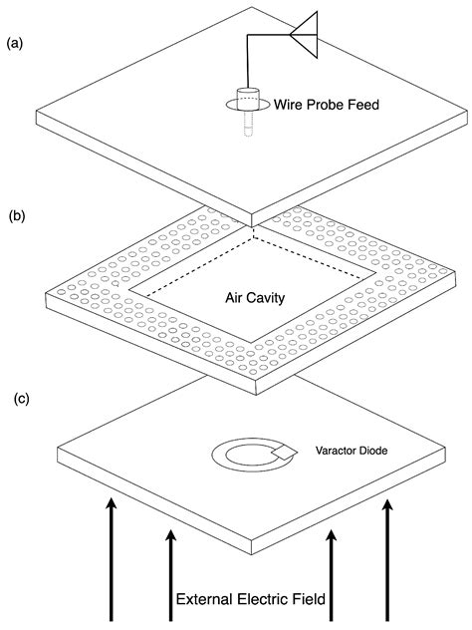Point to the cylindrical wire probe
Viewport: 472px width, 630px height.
[245, 101]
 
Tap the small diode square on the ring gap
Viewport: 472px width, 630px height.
[284, 454]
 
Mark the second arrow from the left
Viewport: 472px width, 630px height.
[171, 568]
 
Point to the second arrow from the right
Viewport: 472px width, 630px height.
[330, 568]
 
